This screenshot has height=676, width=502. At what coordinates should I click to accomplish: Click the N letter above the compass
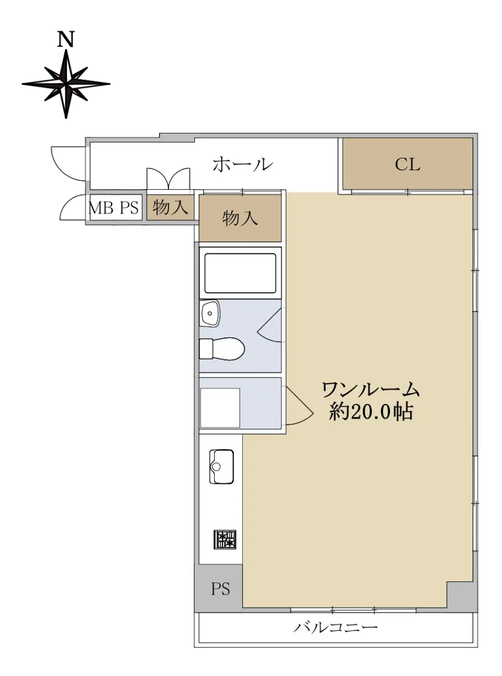[x=66, y=39]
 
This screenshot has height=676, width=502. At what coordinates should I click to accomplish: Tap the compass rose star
[x=66, y=83]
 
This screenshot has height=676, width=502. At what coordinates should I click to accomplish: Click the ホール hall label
[x=242, y=165]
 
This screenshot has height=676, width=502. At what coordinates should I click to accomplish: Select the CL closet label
[x=407, y=164]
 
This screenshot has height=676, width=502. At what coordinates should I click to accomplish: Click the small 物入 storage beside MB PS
[x=170, y=207]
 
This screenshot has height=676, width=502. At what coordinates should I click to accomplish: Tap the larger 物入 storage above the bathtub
[x=240, y=218]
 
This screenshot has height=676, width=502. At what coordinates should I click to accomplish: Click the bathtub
[x=240, y=273]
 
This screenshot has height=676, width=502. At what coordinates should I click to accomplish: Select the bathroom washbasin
[x=210, y=313]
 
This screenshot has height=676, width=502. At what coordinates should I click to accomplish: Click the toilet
[x=221, y=348]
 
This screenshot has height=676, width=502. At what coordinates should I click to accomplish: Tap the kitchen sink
[x=221, y=466]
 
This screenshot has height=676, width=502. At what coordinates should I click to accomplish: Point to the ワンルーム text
[x=371, y=390]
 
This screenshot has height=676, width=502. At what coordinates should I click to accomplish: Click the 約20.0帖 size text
[x=371, y=412]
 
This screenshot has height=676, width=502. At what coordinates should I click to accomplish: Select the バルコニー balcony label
[x=336, y=627]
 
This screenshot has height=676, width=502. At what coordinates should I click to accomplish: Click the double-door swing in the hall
[x=168, y=179]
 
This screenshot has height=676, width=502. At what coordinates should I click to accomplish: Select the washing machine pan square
[x=220, y=408]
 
